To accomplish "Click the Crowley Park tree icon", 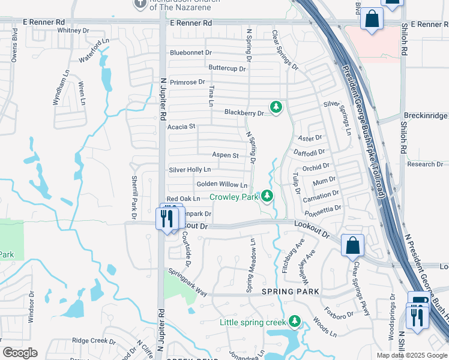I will (267, 196).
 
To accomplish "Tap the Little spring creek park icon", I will (294, 322).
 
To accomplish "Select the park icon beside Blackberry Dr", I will (276, 107).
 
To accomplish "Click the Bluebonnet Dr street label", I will (191, 53).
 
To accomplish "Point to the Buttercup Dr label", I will (228, 68).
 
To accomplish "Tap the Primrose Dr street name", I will (187, 82).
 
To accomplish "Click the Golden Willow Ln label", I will (221, 185).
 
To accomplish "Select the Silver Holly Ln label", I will (190, 170).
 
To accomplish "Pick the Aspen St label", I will (226, 155).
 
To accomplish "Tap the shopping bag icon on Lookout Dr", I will (352, 245).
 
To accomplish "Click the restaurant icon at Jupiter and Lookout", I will (167, 218).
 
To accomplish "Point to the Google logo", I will (20, 353).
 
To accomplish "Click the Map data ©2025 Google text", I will (411, 355).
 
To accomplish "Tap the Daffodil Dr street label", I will (309, 153).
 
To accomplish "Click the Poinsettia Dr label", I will (323, 209).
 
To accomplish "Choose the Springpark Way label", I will (187, 282).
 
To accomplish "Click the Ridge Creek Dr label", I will (94, 340).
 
